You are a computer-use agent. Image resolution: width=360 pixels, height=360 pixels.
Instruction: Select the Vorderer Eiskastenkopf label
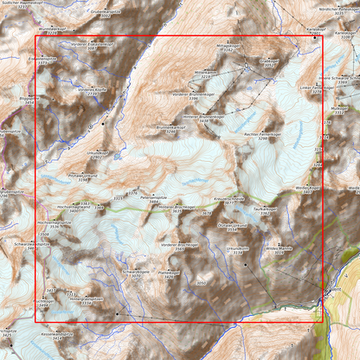coord(93,44)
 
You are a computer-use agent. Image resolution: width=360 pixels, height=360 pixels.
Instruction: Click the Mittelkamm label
coord(205,73)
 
